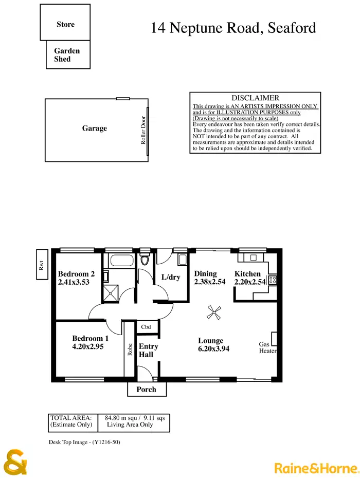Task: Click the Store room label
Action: pyautogui.click(x=65, y=24)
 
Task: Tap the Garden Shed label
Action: pyautogui.click(x=67, y=55)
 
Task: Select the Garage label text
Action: pyautogui.click(x=95, y=128)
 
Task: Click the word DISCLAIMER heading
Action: pyautogui.click(x=255, y=98)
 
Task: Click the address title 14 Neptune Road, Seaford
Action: pyautogui.click(x=233, y=28)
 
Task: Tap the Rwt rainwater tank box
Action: pyautogui.click(x=42, y=265)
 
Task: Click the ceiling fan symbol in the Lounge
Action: pyautogui.click(x=213, y=311)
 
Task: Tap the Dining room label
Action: pyautogui.click(x=205, y=274)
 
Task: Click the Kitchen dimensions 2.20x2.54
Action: pyautogui.click(x=250, y=282)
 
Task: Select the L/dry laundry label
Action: pyautogui.click(x=170, y=278)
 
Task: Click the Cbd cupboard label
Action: pyautogui.click(x=146, y=327)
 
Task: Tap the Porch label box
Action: pyautogui.click(x=147, y=389)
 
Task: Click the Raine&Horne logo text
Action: pyautogui.click(x=315, y=468)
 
